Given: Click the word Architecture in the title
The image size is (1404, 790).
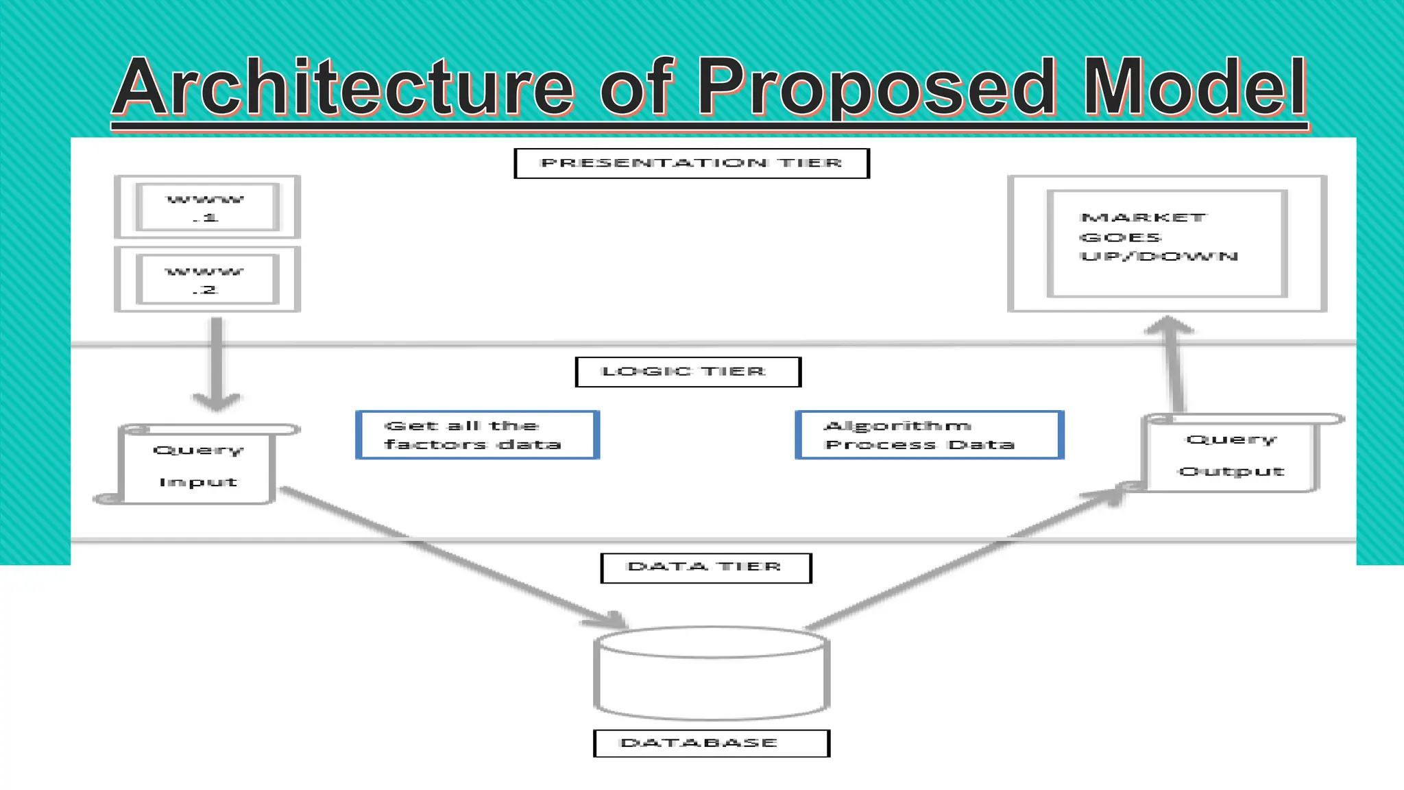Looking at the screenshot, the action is (x=343, y=87).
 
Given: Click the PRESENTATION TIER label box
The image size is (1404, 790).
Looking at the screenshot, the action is (x=691, y=163).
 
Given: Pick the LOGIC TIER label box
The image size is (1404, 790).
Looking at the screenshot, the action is (x=688, y=372).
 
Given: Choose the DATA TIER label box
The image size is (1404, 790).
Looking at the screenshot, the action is (x=705, y=568).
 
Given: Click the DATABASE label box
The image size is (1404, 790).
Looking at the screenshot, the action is (x=711, y=743).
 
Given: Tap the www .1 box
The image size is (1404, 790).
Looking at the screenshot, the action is (x=207, y=207).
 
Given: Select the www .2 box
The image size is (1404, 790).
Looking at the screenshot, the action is (x=207, y=279).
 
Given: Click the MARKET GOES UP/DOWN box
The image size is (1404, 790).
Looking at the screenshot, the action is (x=1167, y=243).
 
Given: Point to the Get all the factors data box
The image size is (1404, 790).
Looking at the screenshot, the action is (x=477, y=435).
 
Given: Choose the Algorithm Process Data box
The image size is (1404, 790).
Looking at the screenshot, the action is (x=929, y=435).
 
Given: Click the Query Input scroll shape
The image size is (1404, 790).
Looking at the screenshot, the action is (x=197, y=465).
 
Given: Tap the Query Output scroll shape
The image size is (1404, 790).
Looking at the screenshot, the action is (x=1231, y=454).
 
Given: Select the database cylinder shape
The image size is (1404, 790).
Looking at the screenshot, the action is (x=712, y=672).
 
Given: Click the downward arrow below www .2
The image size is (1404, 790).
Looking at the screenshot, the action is (x=217, y=363).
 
